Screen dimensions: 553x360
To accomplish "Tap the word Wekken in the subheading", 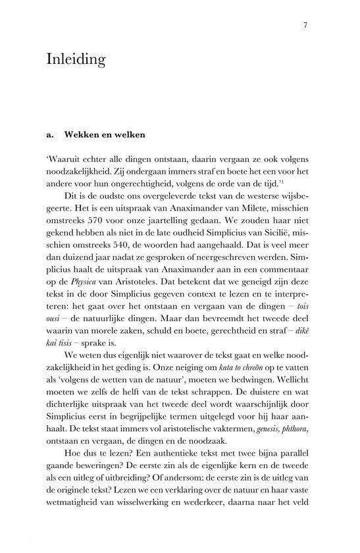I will click(82, 136).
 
